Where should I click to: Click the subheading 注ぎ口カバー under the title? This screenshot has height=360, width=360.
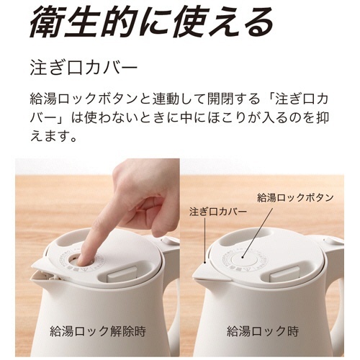[x=84, y=68]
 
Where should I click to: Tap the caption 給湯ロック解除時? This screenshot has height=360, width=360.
[x=98, y=331]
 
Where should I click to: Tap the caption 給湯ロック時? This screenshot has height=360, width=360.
[x=263, y=331]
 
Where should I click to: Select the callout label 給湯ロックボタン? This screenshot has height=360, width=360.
[x=295, y=198]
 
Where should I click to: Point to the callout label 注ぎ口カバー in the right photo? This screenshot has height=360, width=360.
[x=218, y=212]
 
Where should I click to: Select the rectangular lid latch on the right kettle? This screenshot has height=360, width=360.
[x=284, y=274]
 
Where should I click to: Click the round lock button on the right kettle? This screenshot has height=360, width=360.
[x=243, y=258]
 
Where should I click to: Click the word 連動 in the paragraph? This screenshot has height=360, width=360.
[x=166, y=99]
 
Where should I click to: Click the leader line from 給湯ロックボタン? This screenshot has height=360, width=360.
[x=257, y=233]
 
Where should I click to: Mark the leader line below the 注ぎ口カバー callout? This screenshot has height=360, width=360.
[x=204, y=240]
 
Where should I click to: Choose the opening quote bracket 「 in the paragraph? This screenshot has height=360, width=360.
[x=268, y=99]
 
